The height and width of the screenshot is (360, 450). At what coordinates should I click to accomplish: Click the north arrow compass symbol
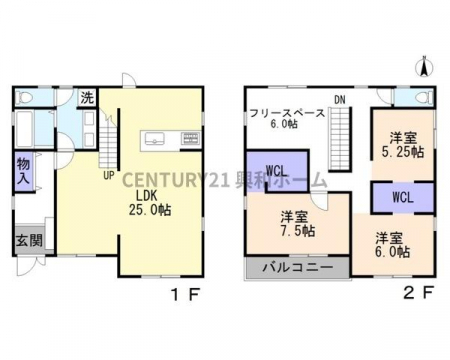click(424, 67)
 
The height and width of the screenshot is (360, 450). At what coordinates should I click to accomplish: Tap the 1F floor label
click(185, 294)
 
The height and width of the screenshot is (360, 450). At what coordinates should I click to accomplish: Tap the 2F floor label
click(419, 293)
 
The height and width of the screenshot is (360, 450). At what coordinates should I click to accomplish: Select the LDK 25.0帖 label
click(150, 203)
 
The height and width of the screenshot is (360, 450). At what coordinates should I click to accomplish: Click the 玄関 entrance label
click(30, 240)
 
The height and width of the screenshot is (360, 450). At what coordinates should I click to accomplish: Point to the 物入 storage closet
click(24, 171)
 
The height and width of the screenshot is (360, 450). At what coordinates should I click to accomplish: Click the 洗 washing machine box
click(87, 98)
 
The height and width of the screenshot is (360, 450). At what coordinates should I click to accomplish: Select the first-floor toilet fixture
click(24, 98)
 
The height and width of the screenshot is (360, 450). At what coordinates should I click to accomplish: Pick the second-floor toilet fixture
click(424, 98)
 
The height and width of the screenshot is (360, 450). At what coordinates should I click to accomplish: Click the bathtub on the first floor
click(24, 129)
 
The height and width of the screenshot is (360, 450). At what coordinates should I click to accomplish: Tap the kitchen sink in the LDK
click(154, 138)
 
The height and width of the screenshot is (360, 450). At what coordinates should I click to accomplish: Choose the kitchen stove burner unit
click(191, 138)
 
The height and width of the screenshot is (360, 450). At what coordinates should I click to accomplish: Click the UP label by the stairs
click(109, 175)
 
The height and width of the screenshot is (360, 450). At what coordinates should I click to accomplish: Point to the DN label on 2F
click(340, 100)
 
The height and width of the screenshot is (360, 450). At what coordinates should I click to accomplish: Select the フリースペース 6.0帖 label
click(287, 118)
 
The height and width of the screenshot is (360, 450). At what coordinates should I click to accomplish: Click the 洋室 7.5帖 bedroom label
click(298, 224)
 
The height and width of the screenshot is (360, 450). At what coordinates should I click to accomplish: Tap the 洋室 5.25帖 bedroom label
click(403, 145)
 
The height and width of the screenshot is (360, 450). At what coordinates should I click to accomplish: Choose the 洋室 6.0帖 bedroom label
click(393, 245)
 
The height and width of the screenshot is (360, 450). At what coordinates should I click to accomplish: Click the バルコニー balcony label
click(298, 268)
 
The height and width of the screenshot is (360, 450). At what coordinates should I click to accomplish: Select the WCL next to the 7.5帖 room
click(277, 171)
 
